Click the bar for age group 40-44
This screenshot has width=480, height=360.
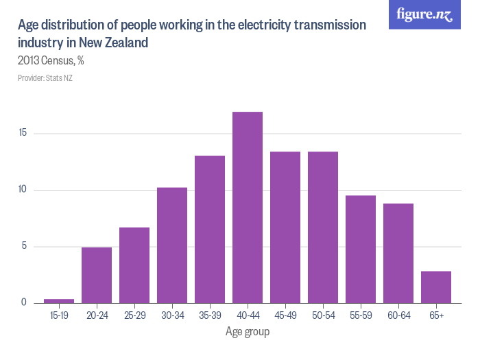[248, 207]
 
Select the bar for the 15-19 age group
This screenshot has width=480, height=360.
[59, 300]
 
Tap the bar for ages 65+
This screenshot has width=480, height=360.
[436, 287]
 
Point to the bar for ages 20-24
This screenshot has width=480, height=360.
[97, 275]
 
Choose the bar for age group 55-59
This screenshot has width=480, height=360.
[361, 249]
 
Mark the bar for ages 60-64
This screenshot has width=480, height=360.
[398, 253]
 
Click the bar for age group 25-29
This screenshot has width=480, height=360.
[134, 265]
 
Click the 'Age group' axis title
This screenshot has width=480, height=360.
[248, 332]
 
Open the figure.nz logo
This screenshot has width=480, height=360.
[424, 14]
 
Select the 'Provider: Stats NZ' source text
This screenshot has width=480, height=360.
[45, 78]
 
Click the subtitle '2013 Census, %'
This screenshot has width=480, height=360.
[51, 61]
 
